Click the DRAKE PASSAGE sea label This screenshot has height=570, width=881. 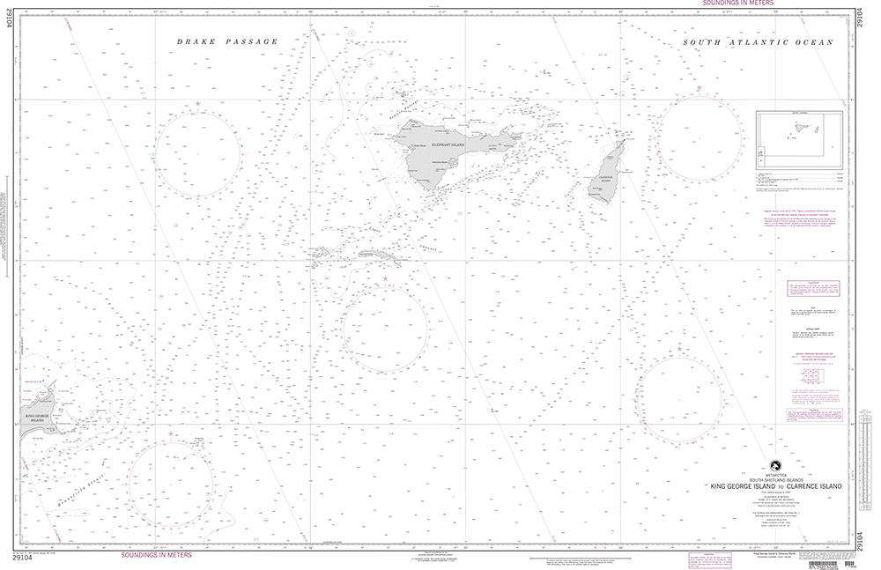point(227,41)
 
